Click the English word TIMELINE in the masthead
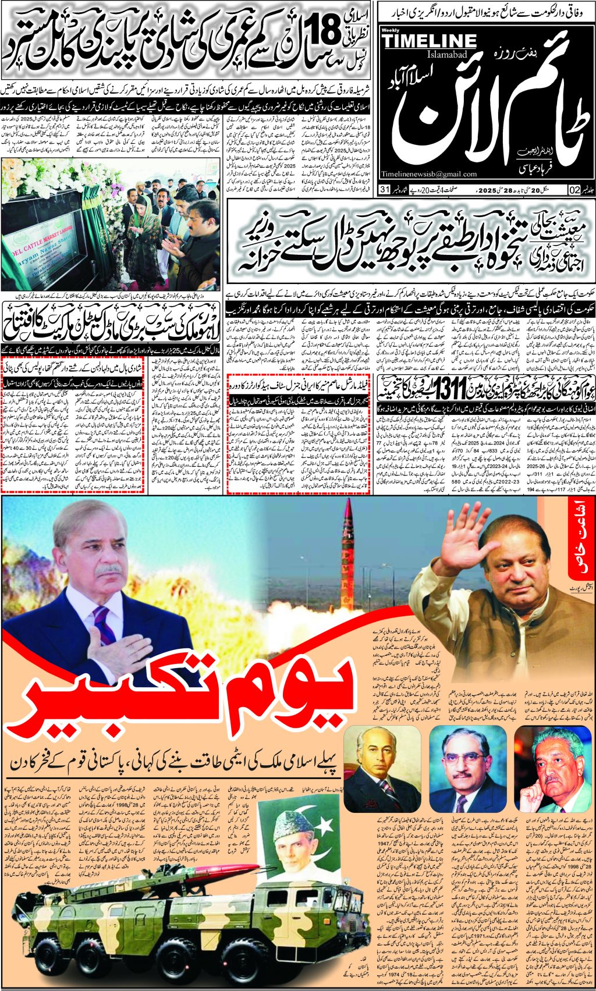click(x=430, y=41)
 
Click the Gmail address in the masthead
click(x=430, y=174)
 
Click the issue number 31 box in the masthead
click(x=384, y=190)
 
